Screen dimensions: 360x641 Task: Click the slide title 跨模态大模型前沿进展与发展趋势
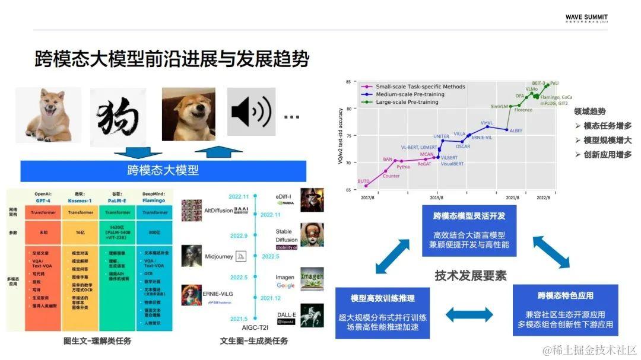[172, 60]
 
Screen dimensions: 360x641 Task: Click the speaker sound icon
[251, 111]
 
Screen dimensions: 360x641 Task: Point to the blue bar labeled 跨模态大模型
[163, 171]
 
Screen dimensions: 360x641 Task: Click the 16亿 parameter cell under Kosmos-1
[80, 233]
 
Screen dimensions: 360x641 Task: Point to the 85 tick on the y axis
[349, 81]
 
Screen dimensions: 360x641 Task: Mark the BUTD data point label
[364, 181]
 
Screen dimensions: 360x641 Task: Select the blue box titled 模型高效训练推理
[382, 313]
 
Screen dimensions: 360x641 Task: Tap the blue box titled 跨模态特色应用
[565, 310]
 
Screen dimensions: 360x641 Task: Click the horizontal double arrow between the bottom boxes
[469, 314]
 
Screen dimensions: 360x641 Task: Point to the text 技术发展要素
[470, 276]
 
